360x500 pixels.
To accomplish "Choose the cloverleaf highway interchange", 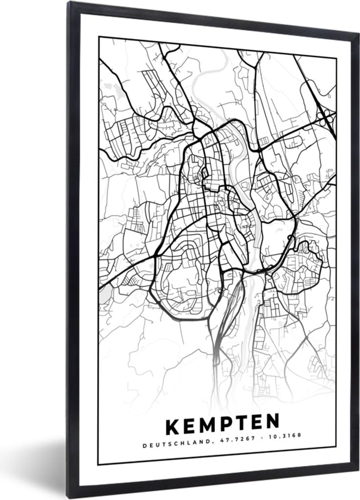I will pyautogui.click(x=325, y=116).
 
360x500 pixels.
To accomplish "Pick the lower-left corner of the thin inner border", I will pyautogui.click(x=98, y=464).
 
